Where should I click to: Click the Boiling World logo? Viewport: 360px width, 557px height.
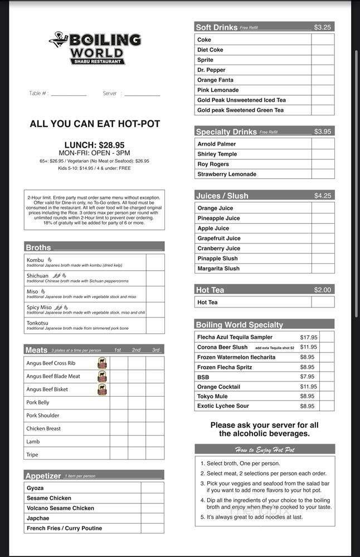tap(95, 48)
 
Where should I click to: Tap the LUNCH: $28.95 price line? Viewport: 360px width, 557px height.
tap(94, 145)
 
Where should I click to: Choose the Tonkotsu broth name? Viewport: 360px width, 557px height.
tap(37, 323)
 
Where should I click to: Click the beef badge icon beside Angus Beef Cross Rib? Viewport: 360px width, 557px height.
tap(102, 363)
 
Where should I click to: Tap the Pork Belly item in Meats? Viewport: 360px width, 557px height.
tap(38, 402)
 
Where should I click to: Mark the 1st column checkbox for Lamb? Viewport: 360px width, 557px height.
tap(118, 441)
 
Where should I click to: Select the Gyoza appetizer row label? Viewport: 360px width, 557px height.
tap(35, 488)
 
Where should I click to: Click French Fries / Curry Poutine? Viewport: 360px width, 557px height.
tap(64, 528)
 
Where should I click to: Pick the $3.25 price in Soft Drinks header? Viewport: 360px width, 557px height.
tap(322, 27)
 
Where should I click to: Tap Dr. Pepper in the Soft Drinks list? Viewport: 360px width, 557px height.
tap(211, 70)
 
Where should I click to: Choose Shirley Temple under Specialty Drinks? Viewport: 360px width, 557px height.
tap(217, 154)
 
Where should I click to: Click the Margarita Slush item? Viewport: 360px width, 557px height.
tap(218, 268)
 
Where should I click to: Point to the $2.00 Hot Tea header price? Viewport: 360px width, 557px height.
tap(322, 290)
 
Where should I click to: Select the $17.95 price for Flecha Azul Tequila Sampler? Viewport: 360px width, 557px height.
tap(308, 337)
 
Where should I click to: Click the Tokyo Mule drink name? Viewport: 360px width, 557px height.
tap(212, 397)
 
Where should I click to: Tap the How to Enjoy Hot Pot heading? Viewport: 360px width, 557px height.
tap(265, 449)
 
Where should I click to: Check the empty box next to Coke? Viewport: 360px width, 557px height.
tap(323, 40)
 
